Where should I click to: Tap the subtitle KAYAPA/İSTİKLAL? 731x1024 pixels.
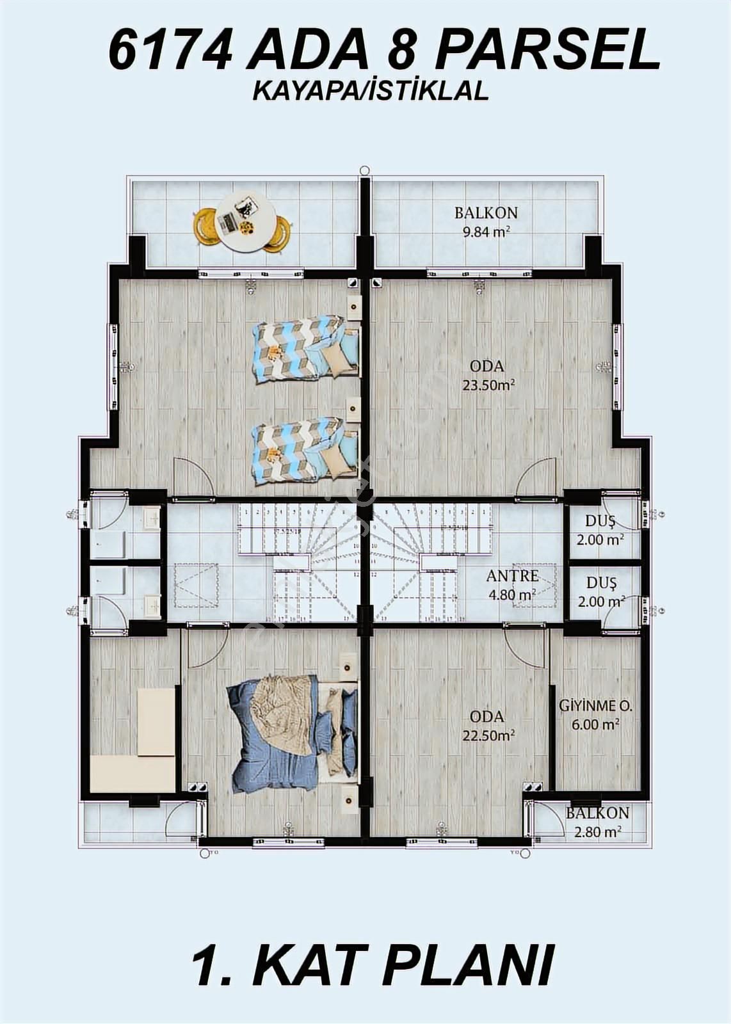[x=371, y=92]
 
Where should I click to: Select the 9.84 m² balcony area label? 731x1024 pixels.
[x=486, y=222]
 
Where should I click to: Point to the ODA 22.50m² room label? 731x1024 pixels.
[x=487, y=726]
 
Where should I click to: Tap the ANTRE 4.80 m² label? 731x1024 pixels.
[x=512, y=584]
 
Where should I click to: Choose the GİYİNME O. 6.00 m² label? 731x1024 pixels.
[x=595, y=715]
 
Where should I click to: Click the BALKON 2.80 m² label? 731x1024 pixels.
[x=597, y=822]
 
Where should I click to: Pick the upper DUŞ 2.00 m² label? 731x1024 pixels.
[x=600, y=531]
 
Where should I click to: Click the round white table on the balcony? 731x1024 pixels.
[x=245, y=221]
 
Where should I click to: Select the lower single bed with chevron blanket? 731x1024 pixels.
[x=305, y=451]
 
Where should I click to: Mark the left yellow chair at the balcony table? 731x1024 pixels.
[x=205, y=227]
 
